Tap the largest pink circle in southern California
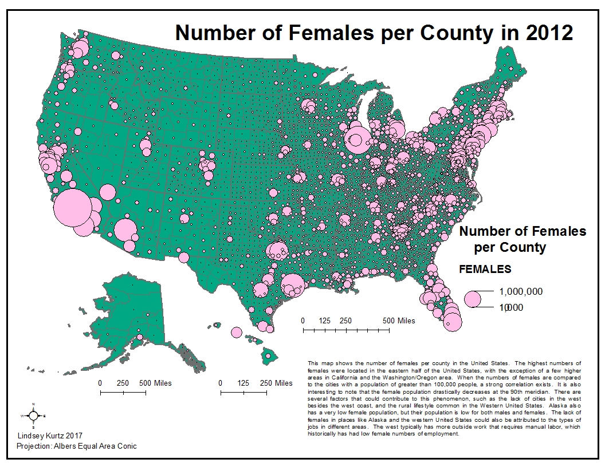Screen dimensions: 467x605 [x=72, y=208]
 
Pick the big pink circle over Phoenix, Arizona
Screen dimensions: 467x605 [x=125, y=230]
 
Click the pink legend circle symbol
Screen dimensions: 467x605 [x=473, y=299]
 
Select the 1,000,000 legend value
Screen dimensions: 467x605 [x=520, y=291]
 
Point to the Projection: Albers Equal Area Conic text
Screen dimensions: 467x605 [x=77, y=446]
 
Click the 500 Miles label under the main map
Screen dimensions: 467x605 [x=399, y=320]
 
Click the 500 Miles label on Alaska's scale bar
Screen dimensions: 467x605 [x=155, y=383]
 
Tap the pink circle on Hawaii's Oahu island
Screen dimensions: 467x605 [x=237, y=333]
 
